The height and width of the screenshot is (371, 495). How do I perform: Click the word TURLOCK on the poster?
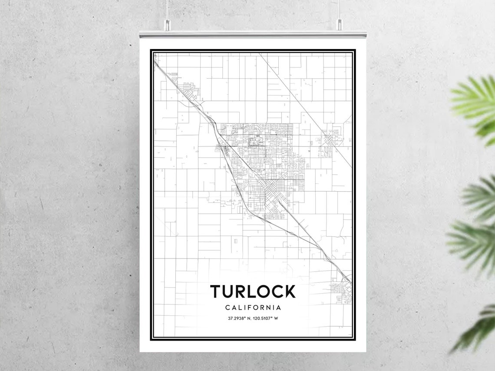(x=253, y=291)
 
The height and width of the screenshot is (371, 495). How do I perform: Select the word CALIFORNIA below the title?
(x=253, y=308)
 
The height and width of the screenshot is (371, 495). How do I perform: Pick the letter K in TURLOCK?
(x=289, y=291)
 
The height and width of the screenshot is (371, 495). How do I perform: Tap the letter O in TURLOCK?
(x=262, y=291)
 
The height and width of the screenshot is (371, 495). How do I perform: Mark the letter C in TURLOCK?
(x=276, y=291)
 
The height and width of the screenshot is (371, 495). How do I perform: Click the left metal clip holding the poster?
(x=167, y=25)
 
